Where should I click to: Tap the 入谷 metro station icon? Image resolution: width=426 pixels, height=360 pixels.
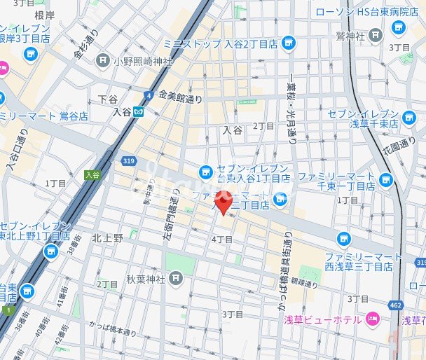pyautogui.click(x=139, y=111)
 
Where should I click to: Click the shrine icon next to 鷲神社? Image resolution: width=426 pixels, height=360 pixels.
pyautogui.click(x=376, y=34)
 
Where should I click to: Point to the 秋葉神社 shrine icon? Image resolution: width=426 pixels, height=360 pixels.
pyautogui.click(x=175, y=279)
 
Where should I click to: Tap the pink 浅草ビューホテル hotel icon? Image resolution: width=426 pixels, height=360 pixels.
pyautogui.click(x=371, y=319)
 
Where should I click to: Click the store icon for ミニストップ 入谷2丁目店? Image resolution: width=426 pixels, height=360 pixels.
pyautogui.click(x=288, y=43)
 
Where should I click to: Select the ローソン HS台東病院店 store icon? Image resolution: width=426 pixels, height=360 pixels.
pyautogui.click(x=399, y=27)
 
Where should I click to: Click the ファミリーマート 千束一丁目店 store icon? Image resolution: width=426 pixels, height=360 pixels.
pyautogui.click(x=385, y=181)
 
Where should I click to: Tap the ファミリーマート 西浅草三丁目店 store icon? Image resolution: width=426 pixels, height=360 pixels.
pyautogui.click(x=343, y=240)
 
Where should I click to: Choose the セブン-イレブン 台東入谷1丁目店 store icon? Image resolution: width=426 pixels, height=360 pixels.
pyautogui.click(x=205, y=170)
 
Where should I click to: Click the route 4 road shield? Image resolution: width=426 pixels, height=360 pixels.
pyautogui.click(x=148, y=95)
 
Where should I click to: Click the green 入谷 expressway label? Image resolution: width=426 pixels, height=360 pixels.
pyautogui.click(x=92, y=174)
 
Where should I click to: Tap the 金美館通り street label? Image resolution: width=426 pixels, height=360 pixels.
pyautogui.click(x=180, y=99)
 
